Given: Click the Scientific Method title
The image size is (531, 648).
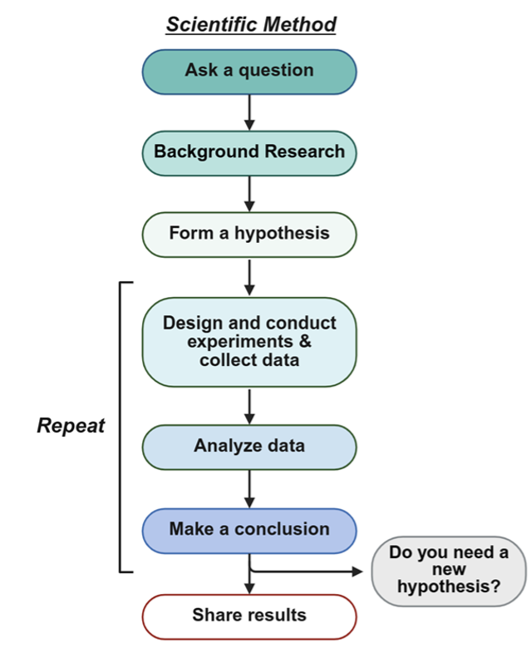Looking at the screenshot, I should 251,24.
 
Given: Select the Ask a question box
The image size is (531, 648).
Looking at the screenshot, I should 249,70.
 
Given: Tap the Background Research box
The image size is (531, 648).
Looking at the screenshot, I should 249,152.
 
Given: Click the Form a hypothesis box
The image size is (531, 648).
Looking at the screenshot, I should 249,234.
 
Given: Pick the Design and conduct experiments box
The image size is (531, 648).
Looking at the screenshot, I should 249,342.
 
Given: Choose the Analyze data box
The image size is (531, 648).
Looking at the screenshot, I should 249,446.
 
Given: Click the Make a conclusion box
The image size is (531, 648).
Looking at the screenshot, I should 249,529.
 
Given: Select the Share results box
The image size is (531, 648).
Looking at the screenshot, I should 249,616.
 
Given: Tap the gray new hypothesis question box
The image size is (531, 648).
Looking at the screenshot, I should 449,571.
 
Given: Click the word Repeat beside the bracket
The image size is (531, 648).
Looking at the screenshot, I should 71,426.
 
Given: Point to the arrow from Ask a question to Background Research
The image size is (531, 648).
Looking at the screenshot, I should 249,111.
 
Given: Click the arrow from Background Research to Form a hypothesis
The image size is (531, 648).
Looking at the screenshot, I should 249,192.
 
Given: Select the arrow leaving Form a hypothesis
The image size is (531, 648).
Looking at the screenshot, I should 249,276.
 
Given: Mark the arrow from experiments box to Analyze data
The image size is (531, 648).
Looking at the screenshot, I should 249,406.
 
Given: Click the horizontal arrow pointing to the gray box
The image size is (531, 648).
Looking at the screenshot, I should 307,571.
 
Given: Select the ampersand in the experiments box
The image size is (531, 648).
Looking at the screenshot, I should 304,342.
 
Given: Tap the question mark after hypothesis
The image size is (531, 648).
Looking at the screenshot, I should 495,588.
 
